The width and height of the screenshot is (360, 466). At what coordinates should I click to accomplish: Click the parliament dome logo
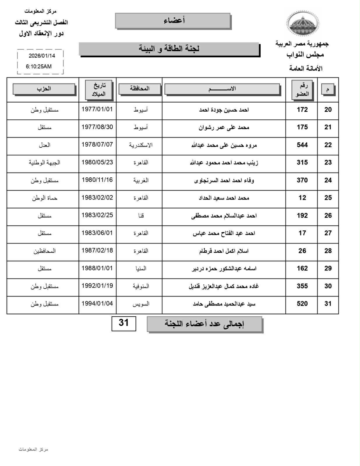303,24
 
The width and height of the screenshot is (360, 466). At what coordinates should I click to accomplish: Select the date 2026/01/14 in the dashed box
42,56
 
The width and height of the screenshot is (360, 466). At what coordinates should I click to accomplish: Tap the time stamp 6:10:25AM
39,66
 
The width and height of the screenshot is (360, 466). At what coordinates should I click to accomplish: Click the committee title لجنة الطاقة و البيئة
169,49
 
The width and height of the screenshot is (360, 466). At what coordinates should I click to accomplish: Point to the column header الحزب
44,89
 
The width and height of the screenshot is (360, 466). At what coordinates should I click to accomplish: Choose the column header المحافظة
140,89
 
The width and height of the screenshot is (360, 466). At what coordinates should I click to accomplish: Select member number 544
302,145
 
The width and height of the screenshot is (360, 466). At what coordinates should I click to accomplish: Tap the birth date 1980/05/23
97,162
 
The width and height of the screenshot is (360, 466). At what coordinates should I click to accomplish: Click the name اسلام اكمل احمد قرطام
224,251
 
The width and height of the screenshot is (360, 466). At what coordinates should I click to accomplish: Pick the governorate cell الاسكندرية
141,145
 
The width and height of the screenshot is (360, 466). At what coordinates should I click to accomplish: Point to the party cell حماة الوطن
45,198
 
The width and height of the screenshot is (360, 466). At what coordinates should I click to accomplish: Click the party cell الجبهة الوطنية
45,163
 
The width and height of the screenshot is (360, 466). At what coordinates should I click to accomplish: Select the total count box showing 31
124,323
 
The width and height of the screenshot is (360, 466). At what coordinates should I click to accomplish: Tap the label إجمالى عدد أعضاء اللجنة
204,324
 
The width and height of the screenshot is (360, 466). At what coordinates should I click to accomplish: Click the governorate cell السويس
141,304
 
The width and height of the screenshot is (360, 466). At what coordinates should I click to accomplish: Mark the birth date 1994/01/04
97,303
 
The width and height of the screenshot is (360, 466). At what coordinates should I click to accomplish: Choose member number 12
302,198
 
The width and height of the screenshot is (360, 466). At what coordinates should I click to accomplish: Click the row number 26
328,216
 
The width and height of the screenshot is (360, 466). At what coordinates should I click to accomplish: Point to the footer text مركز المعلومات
33,449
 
